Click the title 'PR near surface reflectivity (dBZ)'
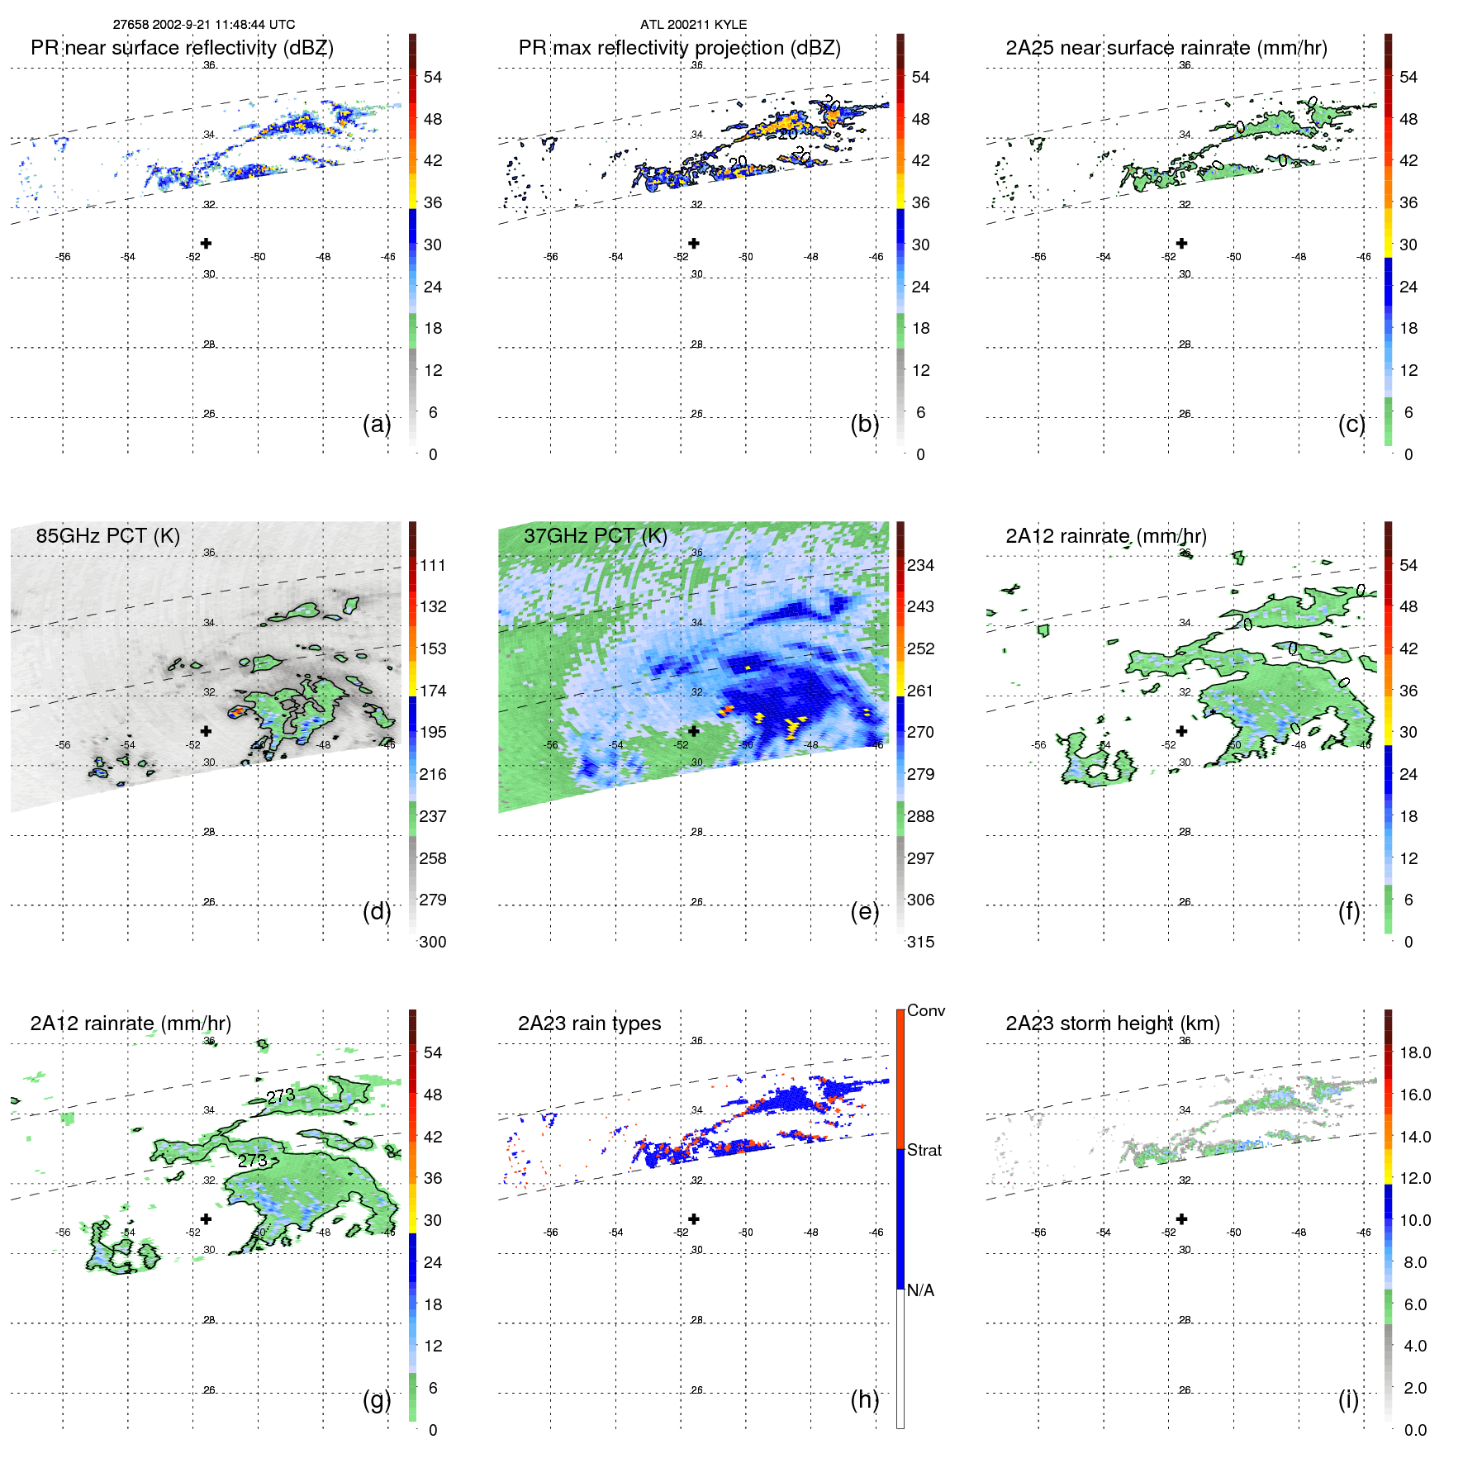182,48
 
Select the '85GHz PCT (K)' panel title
107,536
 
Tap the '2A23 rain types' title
589,1024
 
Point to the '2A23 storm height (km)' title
1112,1024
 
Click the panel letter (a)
377,424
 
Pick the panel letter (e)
864,911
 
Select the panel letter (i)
1348,1399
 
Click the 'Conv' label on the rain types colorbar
925,1010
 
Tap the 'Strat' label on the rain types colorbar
924,1150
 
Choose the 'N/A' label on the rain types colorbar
920,1290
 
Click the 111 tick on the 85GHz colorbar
432,565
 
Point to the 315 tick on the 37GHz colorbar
920,942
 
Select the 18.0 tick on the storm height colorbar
1415,1052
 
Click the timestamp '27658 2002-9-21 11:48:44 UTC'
204,25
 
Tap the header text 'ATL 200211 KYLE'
693,25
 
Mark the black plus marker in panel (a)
206,243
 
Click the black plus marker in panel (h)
694,1218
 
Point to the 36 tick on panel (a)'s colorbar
432,202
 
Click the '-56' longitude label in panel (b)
551,257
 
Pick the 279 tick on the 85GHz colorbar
432,900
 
